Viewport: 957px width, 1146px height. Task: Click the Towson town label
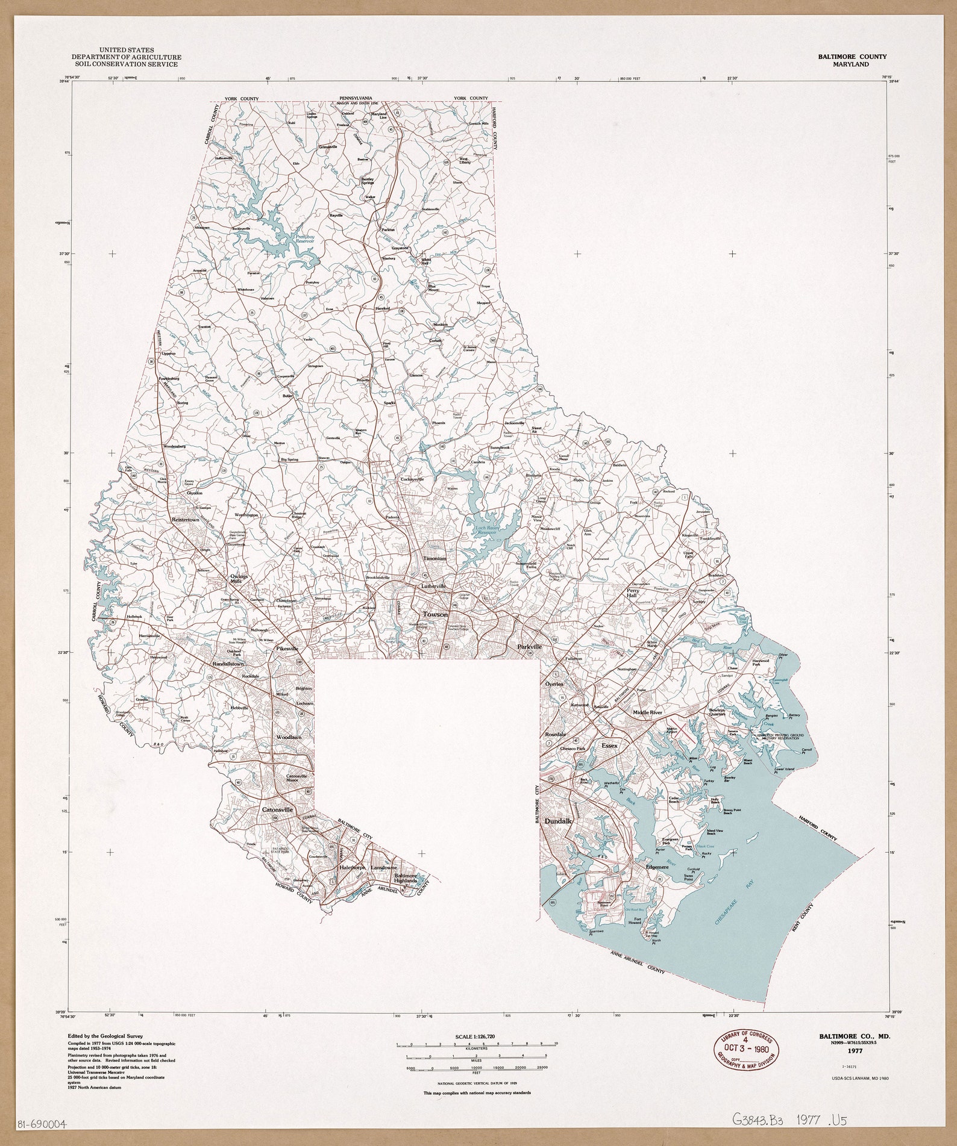coord(435,614)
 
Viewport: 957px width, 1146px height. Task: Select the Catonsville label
coord(277,810)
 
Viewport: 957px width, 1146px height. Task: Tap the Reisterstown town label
coord(185,519)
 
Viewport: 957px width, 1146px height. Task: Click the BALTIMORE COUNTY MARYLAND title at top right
coord(852,60)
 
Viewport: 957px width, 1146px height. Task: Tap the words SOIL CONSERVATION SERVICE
coord(126,64)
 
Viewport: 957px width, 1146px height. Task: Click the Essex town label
coord(610,745)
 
